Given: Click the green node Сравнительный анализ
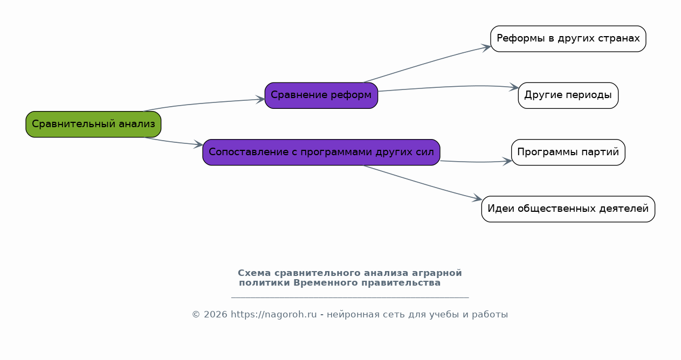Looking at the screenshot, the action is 93,124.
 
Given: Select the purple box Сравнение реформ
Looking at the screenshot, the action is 321,95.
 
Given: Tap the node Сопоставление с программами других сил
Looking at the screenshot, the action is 321,152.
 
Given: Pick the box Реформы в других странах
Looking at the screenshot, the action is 568,39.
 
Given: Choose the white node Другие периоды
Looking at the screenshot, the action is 568,95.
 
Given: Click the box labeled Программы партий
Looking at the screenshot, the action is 568,152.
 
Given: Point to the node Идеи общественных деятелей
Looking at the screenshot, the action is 568,209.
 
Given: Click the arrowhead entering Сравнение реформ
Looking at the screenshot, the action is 260,99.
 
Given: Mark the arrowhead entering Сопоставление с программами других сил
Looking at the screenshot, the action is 198,144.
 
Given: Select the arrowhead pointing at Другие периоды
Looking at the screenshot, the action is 514,87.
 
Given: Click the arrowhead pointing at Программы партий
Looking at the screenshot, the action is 507,161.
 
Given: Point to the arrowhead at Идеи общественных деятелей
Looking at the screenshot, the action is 477,198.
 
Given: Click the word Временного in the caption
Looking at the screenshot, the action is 326,283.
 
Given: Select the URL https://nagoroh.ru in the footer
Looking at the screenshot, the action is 273,314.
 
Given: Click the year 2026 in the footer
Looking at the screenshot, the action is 216,314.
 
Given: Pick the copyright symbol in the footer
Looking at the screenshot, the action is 196,315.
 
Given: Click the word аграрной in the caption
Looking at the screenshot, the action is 437,273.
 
